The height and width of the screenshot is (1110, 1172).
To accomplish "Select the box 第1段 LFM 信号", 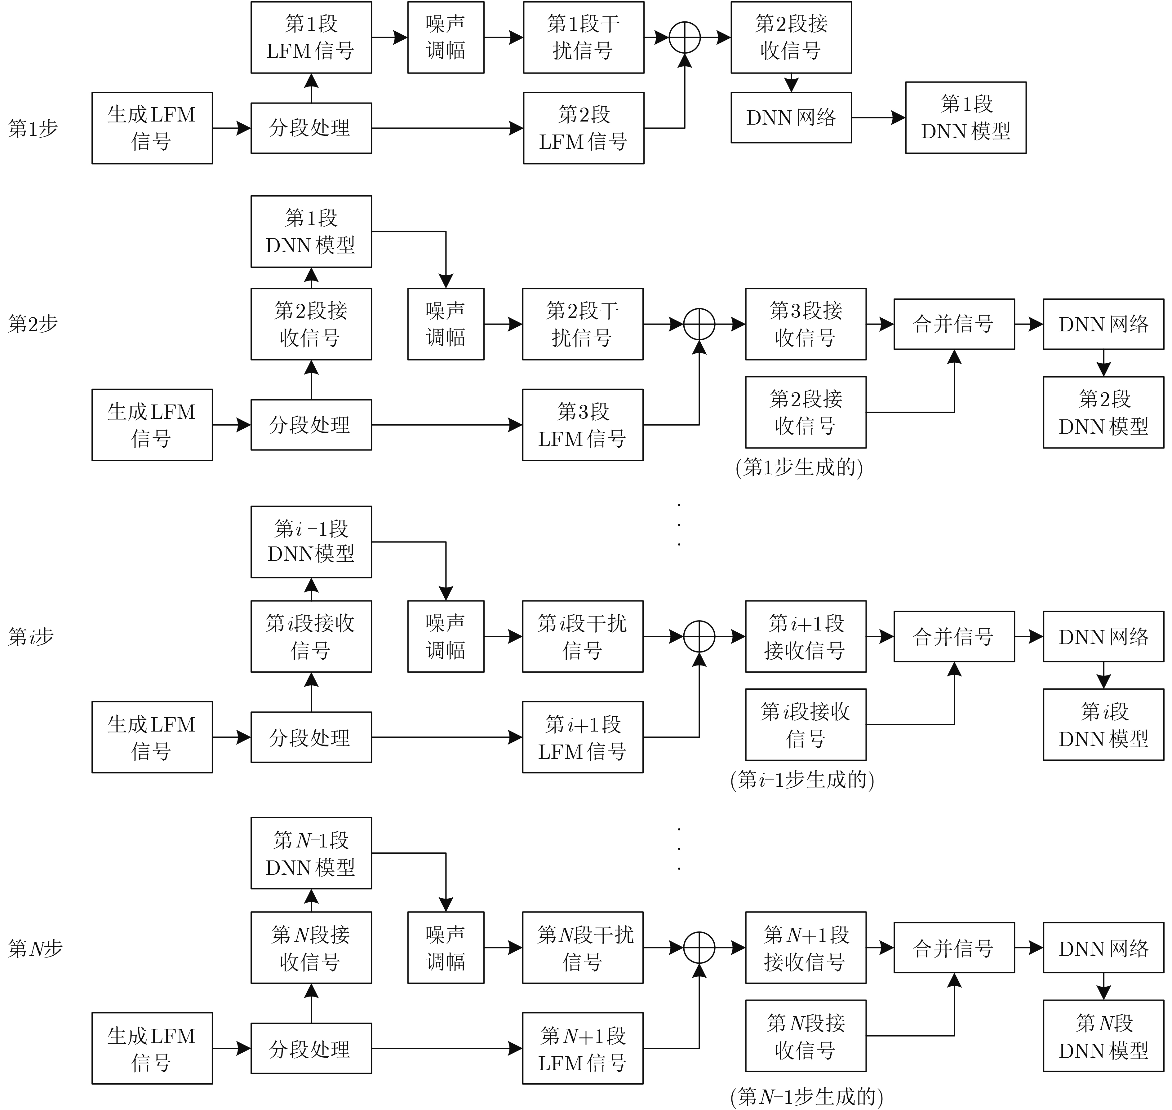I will pyautogui.click(x=311, y=37).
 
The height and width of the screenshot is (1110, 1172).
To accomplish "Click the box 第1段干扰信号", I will pyautogui.click(x=583, y=37).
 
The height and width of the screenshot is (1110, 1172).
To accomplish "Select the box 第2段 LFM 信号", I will pyautogui.click(x=583, y=128).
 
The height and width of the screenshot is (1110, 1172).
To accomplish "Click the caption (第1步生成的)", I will pyautogui.click(x=799, y=468).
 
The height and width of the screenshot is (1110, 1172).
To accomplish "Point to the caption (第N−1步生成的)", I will pyautogui.click(x=806, y=1096).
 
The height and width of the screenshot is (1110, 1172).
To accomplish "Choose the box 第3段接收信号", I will pyautogui.click(x=806, y=324).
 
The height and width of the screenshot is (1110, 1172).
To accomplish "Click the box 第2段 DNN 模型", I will pyautogui.click(x=1103, y=412).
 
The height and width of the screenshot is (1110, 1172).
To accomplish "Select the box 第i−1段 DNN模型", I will pyautogui.click(x=311, y=542).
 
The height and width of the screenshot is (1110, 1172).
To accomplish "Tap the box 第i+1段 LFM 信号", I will pyautogui.click(x=583, y=737).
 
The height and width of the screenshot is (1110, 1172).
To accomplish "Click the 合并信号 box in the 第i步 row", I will pyautogui.click(x=954, y=637).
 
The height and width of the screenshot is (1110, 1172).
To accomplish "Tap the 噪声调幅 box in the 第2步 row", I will pyautogui.click(x=445, y=324).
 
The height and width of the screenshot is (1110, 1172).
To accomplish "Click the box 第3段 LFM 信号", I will pyautogui.click(x=583, y=425).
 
